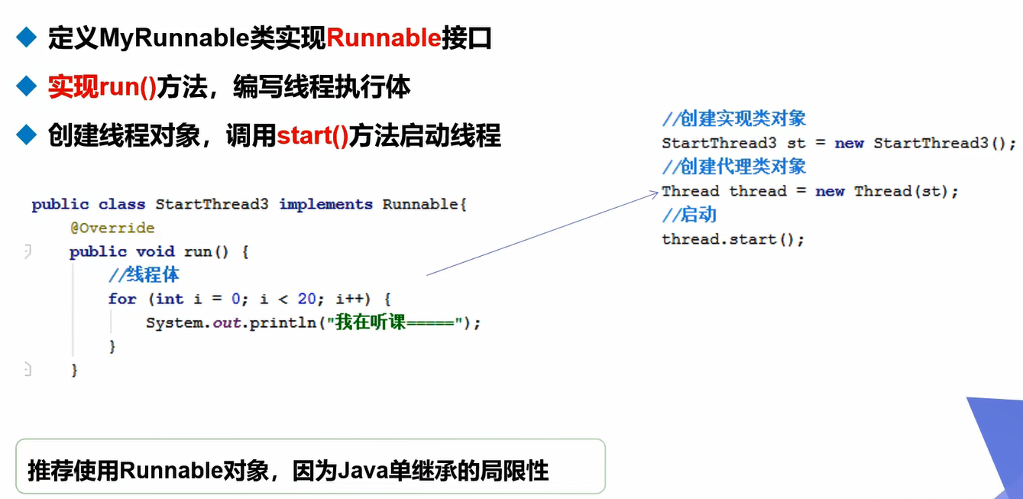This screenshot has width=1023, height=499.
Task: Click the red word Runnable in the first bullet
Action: point(384,37)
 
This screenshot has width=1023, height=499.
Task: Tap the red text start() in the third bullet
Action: point(312,136)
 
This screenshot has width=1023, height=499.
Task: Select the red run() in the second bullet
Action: point(128,86)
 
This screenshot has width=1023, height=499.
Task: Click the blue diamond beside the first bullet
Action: point(26,37)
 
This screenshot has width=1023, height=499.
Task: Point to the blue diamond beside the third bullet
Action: point(26,134)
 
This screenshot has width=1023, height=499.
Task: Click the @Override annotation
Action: point(112,228)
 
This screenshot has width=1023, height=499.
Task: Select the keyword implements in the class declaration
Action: point(326,204)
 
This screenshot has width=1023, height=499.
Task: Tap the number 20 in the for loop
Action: point(307,299)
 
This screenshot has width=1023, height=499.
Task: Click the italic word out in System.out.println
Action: point(226,322)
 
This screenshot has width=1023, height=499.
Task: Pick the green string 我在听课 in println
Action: point(371,322)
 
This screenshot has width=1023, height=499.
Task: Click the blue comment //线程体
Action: point(144,274)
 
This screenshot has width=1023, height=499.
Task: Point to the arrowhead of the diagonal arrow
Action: point(658,193)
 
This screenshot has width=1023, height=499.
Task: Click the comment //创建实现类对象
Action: point(734,118)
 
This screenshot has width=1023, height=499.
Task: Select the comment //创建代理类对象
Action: point(734,167)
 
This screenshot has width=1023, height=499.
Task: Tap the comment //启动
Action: point(689,214)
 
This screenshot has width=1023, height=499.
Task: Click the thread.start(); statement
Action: point(733,239)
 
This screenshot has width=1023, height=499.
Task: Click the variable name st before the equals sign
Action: point(796,143)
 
